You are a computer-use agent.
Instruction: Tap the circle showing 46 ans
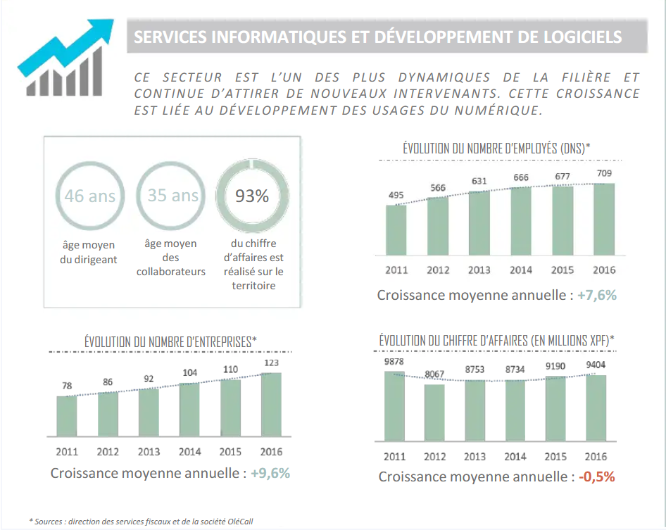click(89, 196)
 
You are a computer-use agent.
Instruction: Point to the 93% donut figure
click(252, 196)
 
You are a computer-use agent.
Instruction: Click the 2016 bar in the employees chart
click(603, 220)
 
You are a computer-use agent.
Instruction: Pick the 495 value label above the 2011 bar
click(396, 195)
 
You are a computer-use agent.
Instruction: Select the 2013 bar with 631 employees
click(479, 223)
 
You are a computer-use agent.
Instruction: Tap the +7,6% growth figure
click(596, 296)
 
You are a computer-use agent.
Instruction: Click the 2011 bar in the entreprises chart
click(67, 417)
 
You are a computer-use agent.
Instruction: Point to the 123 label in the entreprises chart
click(271, 363)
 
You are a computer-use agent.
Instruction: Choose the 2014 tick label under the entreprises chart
click(189, 452)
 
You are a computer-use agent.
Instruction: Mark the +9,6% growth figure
click(270, 473)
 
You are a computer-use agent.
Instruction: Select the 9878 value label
click(394, 362)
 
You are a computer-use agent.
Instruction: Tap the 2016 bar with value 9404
click(596, 408)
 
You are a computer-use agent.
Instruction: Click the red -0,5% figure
click(597, 477)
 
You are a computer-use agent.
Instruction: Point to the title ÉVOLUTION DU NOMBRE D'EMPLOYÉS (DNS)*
click(496, 149)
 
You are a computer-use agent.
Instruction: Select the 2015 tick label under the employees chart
click(562, 270)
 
